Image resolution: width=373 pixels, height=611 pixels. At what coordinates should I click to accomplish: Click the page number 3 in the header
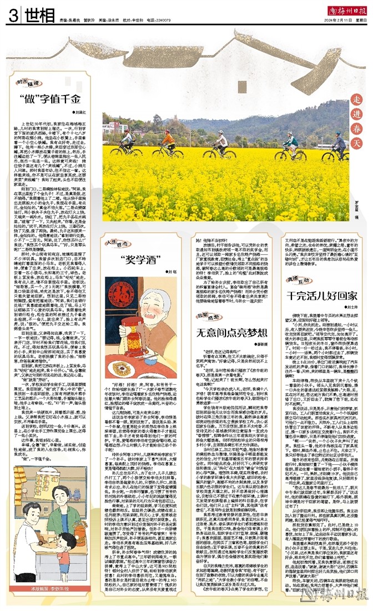(11, 15)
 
